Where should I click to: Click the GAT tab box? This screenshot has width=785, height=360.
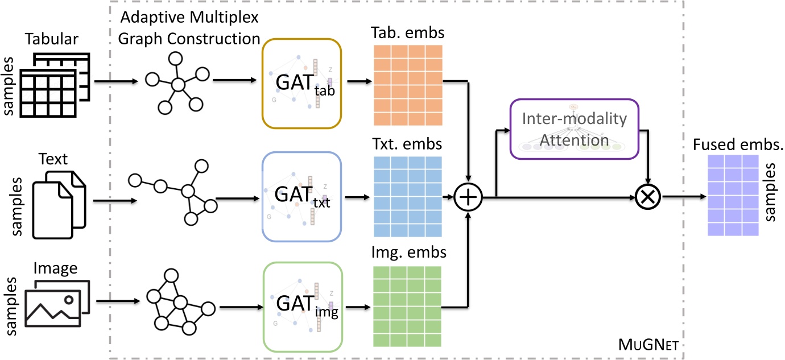pyautogui.click(x=301, y=84)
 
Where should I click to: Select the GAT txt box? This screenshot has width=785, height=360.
pyautogui.click(x=301, y=197)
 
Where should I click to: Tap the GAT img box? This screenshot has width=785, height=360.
pyautogui.click(x=303, y=307)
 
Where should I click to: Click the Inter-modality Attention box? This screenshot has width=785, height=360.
pyautogui.click(x=575, y=129)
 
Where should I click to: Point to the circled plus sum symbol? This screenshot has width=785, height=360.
pyautogui.click(x=468, y=197)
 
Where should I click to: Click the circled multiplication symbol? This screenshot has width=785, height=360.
pyautogui.click(x=648, y=197)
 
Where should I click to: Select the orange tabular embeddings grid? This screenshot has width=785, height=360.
pyautogui.click(x=408, y=85)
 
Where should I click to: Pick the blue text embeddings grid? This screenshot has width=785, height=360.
pyautogui.click(x=408, y=197)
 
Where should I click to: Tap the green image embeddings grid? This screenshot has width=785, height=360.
pyautogui.click(x=407, y=307)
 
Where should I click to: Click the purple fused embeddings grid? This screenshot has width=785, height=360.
pyautogui.click(x=733, y=195)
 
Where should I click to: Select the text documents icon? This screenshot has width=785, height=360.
pyautogui.click(x=59, y=205)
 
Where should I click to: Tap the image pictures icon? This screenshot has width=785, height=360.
pyautogui.click(x=57, y=304)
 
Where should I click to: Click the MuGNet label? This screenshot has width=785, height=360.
pyautogui.click(x=648, y=345)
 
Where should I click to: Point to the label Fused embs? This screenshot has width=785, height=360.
pyautogui.click(x=738, y=144)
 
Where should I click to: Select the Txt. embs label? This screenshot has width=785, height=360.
pyautogui.click(x=407, y=144)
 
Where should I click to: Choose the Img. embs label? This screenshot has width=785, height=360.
pyautogui.click(x=408, y=253)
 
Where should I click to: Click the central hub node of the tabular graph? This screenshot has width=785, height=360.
pyautogui.click(x=178, y=85)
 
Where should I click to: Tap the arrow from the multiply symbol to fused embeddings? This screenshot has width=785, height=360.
pyautogui.click(x=684, y=197)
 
